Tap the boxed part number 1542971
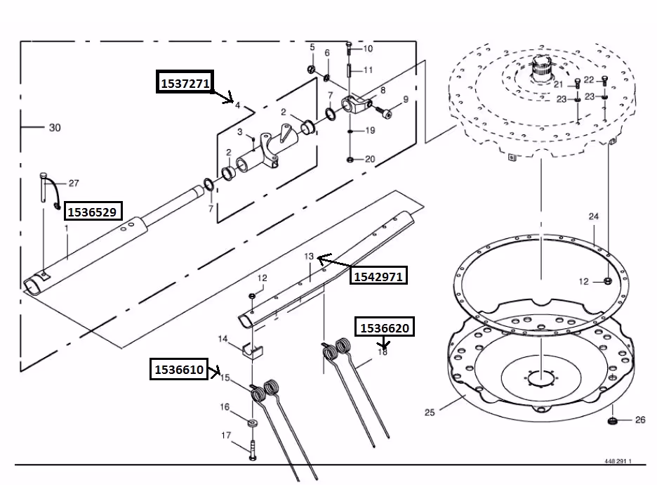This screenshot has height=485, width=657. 378,276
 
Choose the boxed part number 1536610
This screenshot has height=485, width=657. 180,368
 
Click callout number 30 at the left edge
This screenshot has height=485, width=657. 55,128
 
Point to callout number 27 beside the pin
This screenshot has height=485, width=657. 74,183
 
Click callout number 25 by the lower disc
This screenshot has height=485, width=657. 430,412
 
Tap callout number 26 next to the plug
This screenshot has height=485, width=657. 639,420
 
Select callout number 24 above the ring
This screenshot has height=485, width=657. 594,216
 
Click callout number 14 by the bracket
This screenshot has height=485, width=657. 223,339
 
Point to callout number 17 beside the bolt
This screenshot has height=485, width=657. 226,436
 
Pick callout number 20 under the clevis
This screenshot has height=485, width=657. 370,159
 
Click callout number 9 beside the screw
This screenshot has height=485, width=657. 405,99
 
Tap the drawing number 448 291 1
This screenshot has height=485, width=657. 618,462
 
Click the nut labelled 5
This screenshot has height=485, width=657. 310,68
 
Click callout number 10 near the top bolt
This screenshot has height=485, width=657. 368,48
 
